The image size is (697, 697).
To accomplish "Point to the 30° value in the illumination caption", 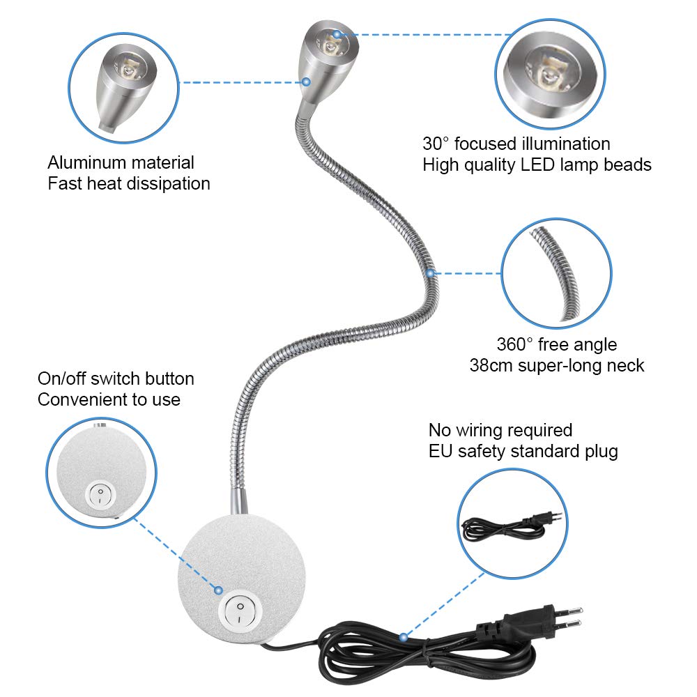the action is (x=437, y=144).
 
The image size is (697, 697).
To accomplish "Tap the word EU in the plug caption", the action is (x=440, y=451).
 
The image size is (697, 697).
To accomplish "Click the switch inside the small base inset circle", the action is (x=100, y=496).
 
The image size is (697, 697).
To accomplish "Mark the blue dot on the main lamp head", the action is (x=337, y=33).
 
